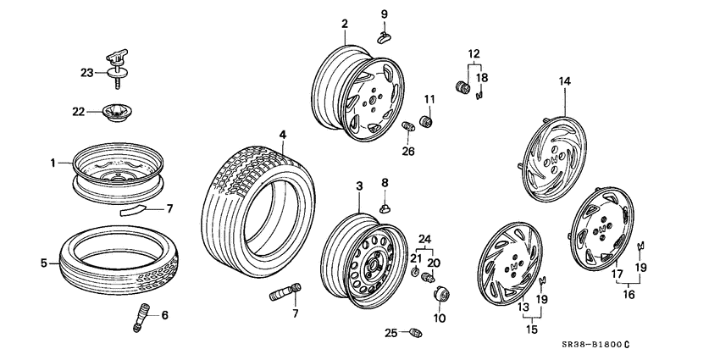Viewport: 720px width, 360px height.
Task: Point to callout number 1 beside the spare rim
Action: pyautogui.click(x=53, y=163)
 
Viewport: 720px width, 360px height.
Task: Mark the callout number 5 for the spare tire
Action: pyautogui.click(x=43, y=263)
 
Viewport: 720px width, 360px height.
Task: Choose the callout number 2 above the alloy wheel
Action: pyautogui.click(x=345, y=24)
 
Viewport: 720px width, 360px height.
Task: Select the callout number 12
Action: pyautogui.click(x=474, y=55)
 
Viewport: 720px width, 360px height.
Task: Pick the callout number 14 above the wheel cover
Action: pyautogui.click(x=565, y=81)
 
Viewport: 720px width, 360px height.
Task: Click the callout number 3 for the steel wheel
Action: pyautogui.click(x=358, y=186)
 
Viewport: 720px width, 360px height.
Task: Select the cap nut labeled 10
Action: pyautogui.click(x=441, y=296)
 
